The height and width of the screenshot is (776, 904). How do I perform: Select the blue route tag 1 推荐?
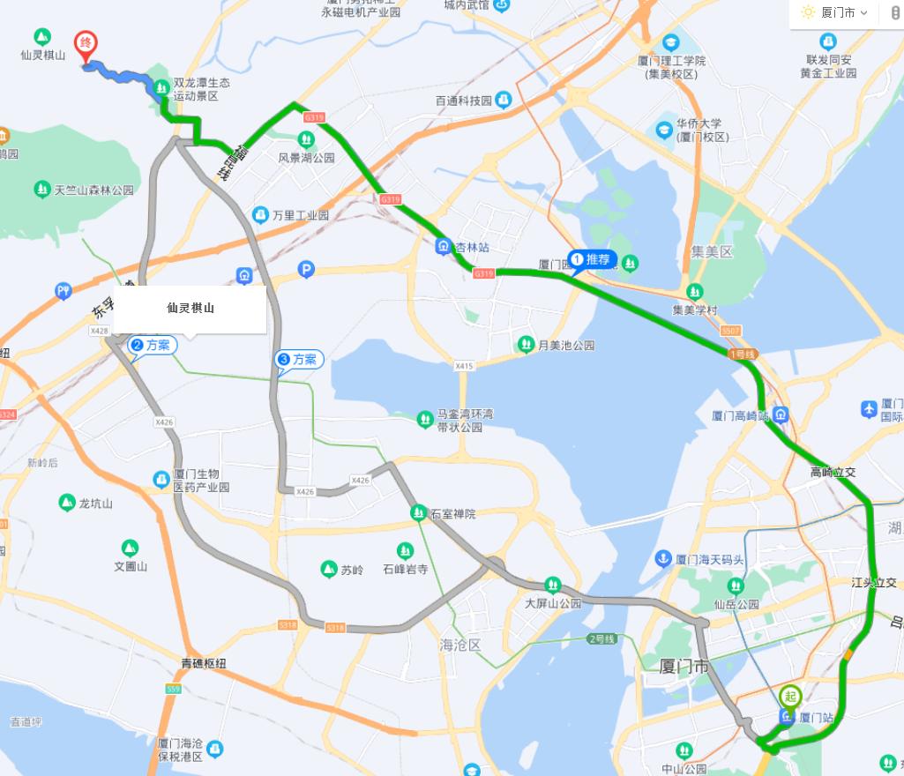(x=592, y=259)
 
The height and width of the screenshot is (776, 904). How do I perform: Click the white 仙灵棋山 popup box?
(x=190, y=310)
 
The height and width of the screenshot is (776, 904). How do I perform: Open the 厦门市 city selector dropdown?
(x=833, y=12)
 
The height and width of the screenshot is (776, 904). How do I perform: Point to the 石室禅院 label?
(x=452, y=513)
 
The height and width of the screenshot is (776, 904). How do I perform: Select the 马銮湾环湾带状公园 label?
(x=465, y=421)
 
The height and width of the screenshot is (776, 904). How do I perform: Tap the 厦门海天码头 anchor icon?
(x=662, y=559)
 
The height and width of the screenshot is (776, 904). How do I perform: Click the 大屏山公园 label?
(x=553, y=603)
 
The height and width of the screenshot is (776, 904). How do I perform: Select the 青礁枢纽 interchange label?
(x=209, y=662)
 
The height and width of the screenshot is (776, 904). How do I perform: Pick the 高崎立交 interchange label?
(x=833, y=473)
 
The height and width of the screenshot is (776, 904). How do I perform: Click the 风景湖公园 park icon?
(x=306, y=139)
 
